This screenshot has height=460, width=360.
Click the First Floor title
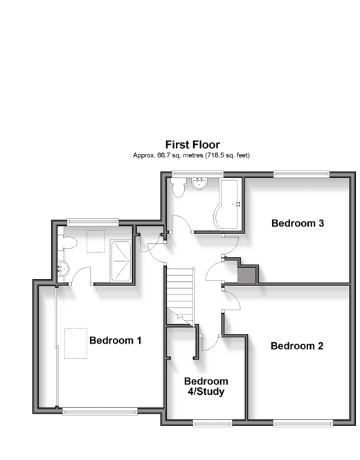coord(192,145)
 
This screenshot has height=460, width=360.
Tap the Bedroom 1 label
coord(116,340)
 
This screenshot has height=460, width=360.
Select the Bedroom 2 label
coord(297,346)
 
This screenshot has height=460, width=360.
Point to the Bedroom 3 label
coord(298,223)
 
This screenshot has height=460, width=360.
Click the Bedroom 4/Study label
coord(206,386)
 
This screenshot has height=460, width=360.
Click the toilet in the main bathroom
coord(178,187)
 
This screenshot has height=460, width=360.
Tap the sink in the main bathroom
coord(199,183)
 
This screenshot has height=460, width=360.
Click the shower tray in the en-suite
coord(120,261)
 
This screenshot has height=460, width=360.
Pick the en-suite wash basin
coord(64,269)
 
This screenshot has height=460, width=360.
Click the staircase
coord(180,296)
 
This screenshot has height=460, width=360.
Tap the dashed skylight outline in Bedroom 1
coord(76,343)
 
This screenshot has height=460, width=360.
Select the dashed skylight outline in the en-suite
coord(96,241)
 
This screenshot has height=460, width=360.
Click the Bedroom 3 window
coord(302,175)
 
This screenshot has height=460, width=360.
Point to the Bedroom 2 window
coord(303,423)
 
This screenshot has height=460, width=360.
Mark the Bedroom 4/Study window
coord(213,423)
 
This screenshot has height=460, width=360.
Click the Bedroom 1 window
coord(100,412)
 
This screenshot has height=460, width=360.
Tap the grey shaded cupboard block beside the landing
coord(246,275)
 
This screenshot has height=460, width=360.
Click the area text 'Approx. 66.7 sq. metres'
coord(168,155)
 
